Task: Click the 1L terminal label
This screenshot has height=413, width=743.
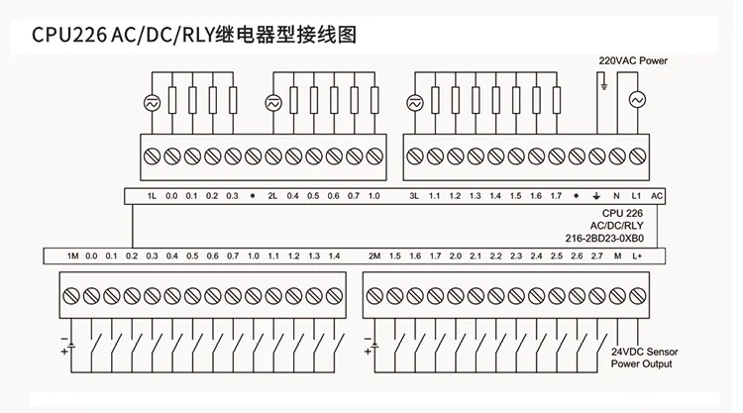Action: pyautogui.click(x=153, y=196)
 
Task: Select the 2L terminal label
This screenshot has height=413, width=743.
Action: pyautogui.click(x=272, y=196)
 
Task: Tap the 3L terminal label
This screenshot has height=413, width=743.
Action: pyautogui.click(x=414, y=196)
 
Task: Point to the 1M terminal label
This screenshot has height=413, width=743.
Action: pyautogui.click(x=72, y=257)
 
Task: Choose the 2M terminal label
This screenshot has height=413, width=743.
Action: pyautogui.click(x=374, y=257)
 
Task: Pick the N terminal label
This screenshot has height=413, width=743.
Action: pyautogui.click(x=616, y=196)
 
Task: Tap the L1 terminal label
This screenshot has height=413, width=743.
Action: pyautogui.click(x=636, y=196)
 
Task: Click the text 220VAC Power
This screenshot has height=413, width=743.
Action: pyautogui.click(x=633, y=61)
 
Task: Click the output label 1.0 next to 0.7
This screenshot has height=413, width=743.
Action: pyautogui.click(x=373, y=196)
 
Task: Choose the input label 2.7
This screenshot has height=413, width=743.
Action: pyautogui.click(x=596, y=257)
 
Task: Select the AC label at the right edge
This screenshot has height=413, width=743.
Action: pyautogui.click(x=657, y=196)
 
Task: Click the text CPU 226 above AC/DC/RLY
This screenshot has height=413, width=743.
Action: pyautogui.click(x=623, y=213)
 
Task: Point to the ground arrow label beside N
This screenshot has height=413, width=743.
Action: pyautogui.click(x=595, y=196)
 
